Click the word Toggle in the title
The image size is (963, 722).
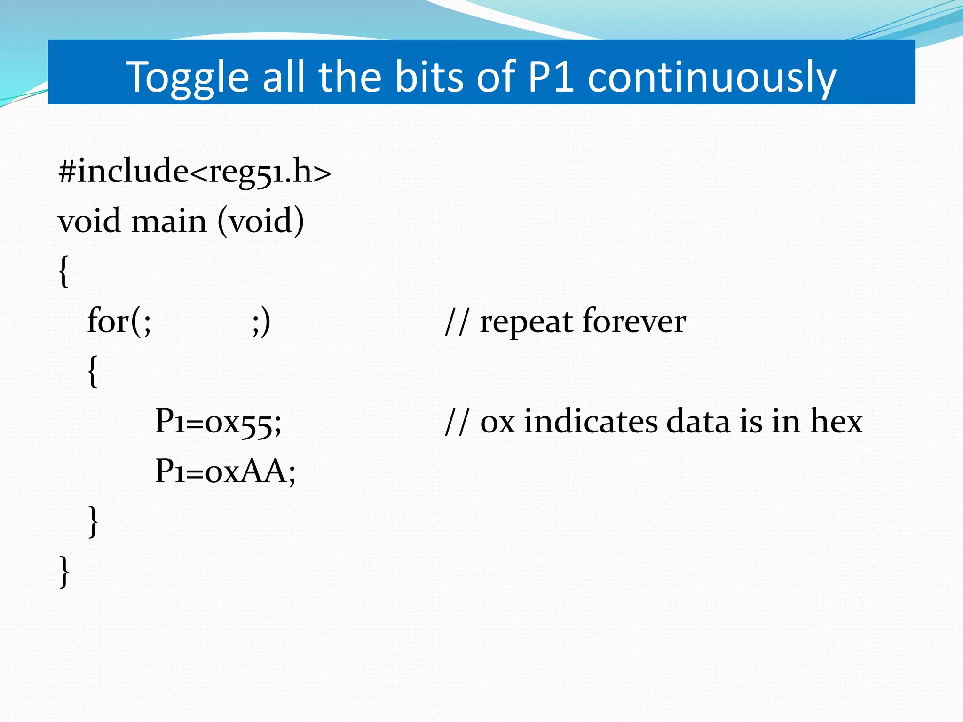(x=187, y=78)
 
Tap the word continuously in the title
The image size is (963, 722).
(x=712, y=78)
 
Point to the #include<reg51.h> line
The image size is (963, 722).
(x=194, y=172)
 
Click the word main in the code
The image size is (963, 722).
(x=169, y=221)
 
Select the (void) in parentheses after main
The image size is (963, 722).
(x=260, y=221)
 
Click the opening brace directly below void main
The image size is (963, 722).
(x=64, y=271)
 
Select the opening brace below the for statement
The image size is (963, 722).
(x=93, y=371)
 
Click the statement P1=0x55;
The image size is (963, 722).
(x=218, y=421)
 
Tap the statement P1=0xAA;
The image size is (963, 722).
(x=225, y=471)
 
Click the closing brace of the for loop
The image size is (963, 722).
(x=93, y=521)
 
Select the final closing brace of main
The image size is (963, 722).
(x=64, y=571)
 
